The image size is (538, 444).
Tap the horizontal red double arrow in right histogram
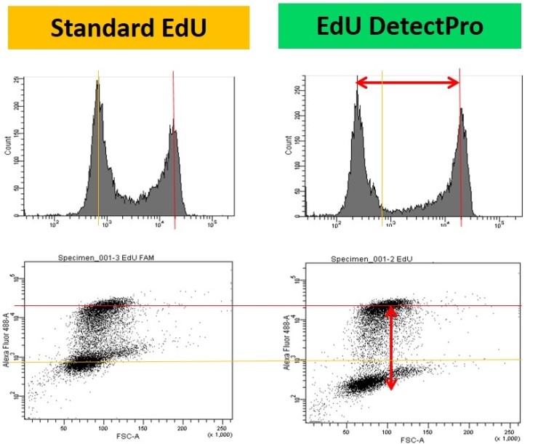(x=408, y=83)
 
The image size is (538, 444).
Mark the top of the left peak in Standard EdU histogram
(x=97, y=81)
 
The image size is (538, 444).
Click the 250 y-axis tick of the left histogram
(x=17, y=81)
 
